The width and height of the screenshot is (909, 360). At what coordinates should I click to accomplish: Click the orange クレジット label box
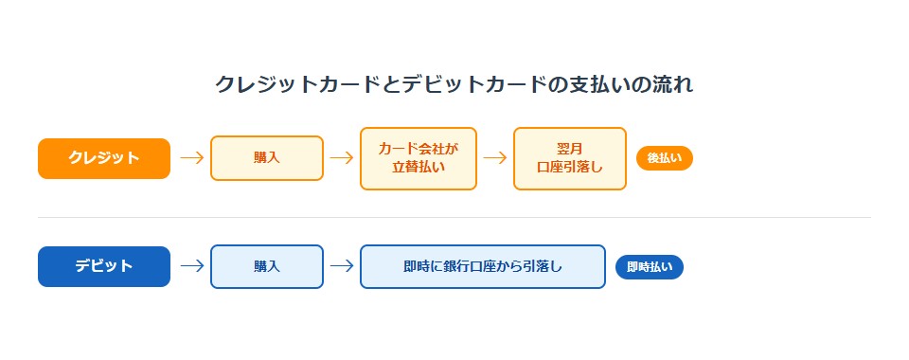104,158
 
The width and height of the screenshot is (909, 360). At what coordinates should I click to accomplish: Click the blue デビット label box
104,266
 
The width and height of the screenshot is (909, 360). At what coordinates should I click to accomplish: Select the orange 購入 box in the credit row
267,158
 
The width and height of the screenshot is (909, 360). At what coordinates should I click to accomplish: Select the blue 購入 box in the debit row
267,266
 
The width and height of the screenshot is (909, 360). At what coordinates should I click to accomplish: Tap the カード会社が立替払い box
419,158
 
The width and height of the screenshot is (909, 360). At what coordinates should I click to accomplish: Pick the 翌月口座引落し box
570,158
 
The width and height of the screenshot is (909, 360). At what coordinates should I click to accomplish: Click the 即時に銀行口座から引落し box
483,266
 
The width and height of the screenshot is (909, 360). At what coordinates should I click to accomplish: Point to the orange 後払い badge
665,158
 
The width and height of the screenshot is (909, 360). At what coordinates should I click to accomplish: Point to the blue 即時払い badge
650,267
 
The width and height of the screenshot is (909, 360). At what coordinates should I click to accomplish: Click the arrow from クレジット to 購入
191,158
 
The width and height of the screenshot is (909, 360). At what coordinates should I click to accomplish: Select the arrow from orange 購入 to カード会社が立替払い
342,158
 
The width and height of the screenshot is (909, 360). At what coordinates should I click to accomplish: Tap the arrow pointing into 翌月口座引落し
495,158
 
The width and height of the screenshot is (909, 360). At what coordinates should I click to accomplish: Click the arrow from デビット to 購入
191,266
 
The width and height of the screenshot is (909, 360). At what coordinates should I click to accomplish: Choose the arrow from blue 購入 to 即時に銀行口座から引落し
342,266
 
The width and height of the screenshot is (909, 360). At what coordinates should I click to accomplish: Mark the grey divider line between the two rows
454,218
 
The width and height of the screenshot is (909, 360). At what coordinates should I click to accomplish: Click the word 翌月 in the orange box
570,149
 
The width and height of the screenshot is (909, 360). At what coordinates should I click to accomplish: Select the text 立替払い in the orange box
419,168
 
